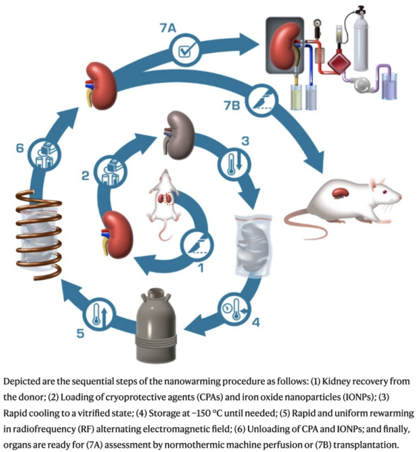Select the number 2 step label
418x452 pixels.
84,176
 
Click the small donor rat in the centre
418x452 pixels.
165,202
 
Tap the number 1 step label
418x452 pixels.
201,266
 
